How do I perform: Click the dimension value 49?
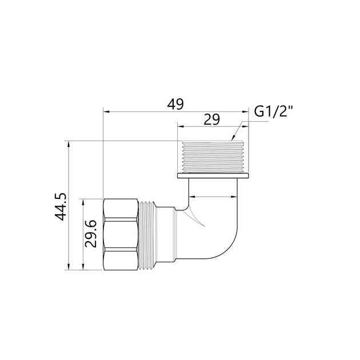coord(175,105)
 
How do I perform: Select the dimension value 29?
coord(212,119)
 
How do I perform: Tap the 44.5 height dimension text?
coord(61,207)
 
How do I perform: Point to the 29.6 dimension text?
coord(91,234)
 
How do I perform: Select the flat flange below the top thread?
coord(213,176)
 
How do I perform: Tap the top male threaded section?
coord(213,157)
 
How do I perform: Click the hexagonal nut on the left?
coord(121,234)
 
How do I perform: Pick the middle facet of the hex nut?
coord(121,234)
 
